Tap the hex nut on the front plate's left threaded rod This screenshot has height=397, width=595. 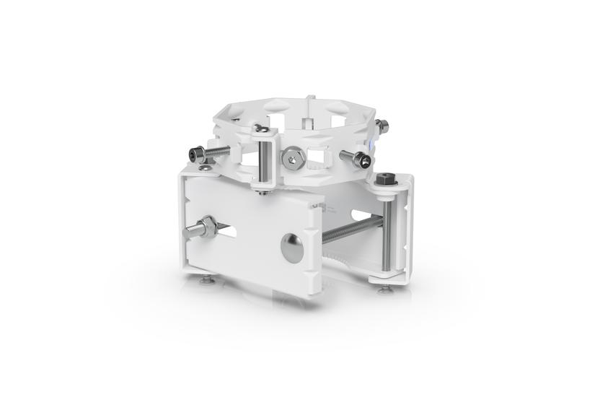(208, 228)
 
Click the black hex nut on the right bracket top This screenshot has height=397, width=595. (383, 178)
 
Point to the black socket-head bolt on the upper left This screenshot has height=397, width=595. (194, 154)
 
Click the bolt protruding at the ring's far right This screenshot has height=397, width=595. (382, 128)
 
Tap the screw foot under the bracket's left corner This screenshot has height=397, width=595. (207, 279)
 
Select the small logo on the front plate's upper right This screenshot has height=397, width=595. (322, 209)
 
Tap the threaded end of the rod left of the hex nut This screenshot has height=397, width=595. (191, 232)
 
